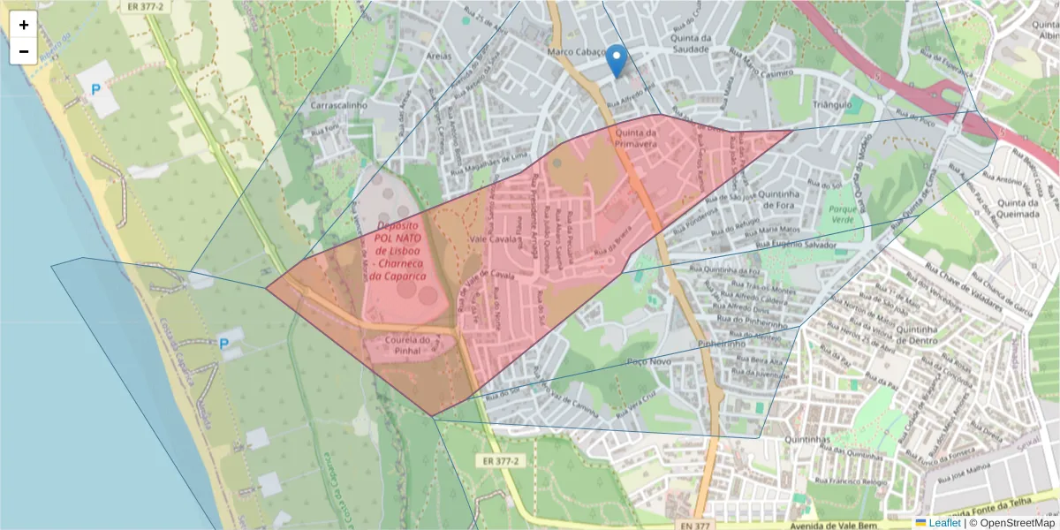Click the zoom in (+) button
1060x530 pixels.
pyautogui.click(x=24, y=25)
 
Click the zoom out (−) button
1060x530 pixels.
pyautogui.click(x=24, y=51)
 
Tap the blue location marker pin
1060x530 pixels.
pyautogui.click(x=617, y=61)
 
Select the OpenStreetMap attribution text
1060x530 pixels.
pyautogui.click(x=1017, y=523)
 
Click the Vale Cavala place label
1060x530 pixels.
pyautogui.click(x=492, y=239)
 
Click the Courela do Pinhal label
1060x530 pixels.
pyautogui.click(x=406, y=344)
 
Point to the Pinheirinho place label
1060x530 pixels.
pyautogui.click(x=723, y=343)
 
